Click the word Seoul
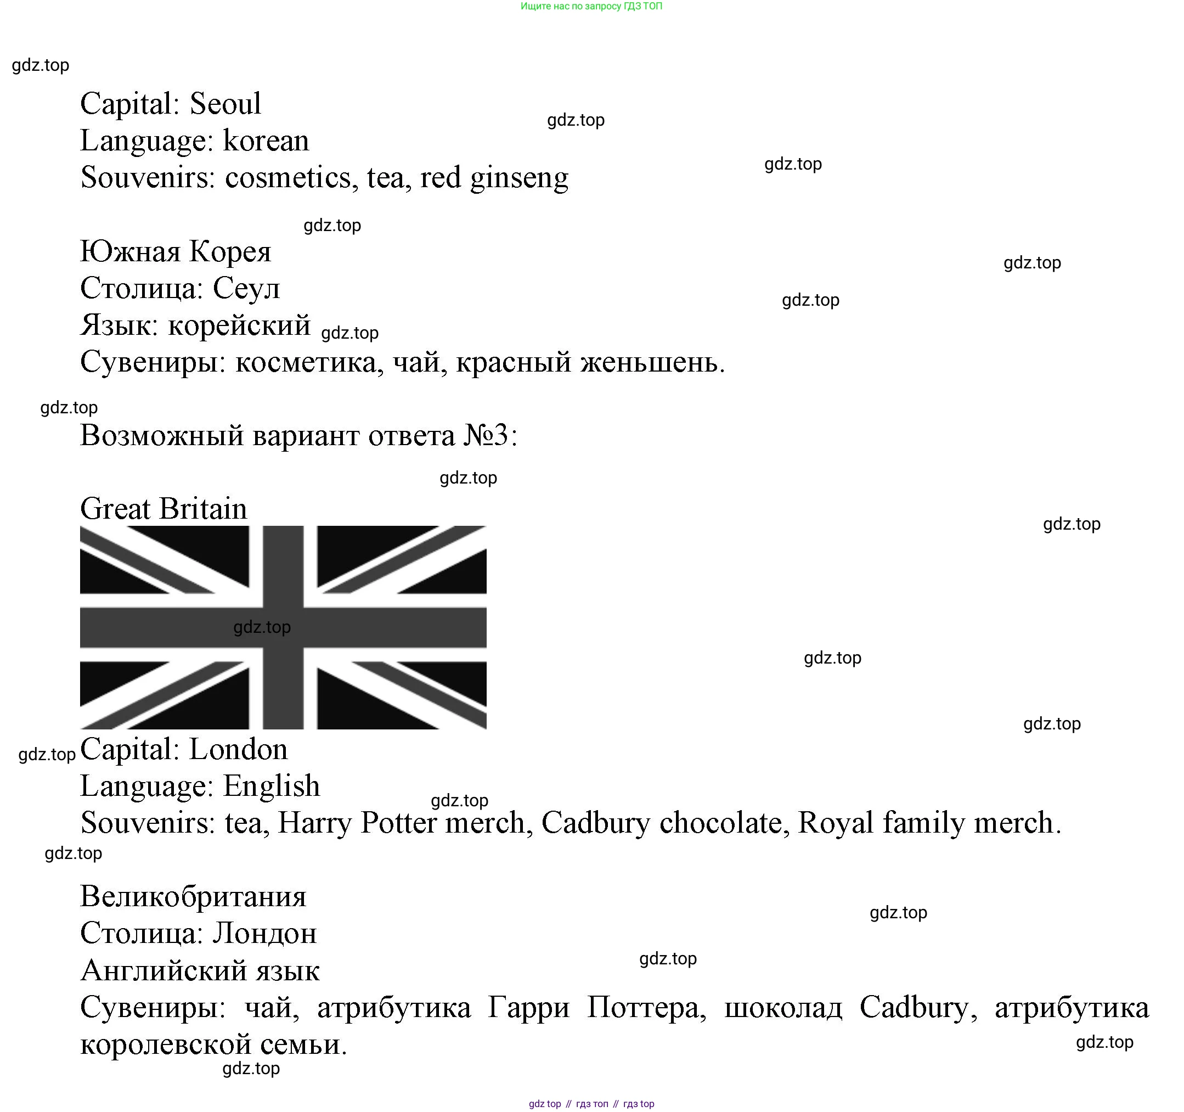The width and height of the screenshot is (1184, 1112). click(x=225, y=104)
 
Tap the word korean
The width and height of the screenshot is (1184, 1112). click(x=266, y=141)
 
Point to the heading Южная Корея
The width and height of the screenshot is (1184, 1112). click(x=176, y=251)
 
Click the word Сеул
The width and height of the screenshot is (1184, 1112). click(x=246, y=289)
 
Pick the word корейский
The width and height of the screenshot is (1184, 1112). click(x=239, y=325)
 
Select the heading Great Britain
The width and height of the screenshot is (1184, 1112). click(x=164, y=509)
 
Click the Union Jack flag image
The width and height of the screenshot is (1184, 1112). click(x=283, y=627)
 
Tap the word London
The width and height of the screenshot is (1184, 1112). click(x=238, y=750)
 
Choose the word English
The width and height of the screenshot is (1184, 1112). click(x=272, y=787)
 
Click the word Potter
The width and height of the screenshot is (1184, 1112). click(x=398, y=823)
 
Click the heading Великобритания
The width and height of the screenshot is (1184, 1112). click(x=193, y=897)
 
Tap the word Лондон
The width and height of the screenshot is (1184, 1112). click(x=264, y=934)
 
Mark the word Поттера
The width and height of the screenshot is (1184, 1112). click(x=646, y=1008)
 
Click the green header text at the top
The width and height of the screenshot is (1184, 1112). click(x=591, y=6)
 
